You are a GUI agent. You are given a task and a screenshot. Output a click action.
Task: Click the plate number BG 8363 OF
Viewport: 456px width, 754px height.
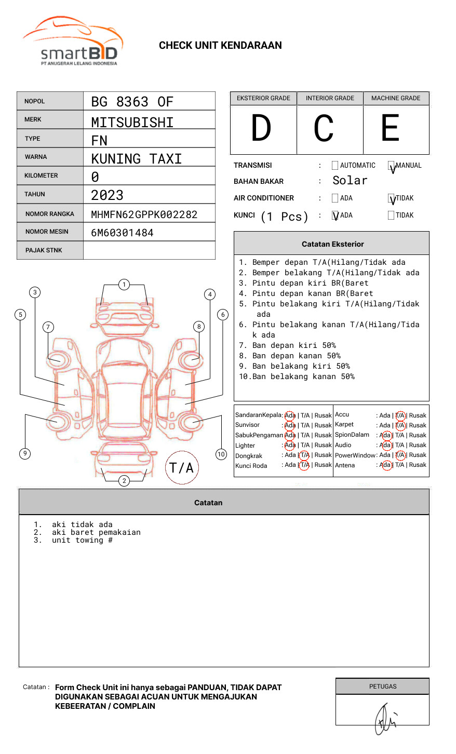[x=132, y=102]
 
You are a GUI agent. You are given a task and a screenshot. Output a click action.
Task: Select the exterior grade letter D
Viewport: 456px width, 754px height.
[x=261, y=129]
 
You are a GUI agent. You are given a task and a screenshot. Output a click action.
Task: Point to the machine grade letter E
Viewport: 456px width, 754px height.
[x=391, y=129]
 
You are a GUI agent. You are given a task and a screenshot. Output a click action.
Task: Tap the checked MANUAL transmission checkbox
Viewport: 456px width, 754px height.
[x=391, y=166]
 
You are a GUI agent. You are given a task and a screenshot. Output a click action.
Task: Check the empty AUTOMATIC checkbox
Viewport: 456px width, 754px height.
[x=335, y=166]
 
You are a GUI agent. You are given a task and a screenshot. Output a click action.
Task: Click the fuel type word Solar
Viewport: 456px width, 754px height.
[x=350, y=181]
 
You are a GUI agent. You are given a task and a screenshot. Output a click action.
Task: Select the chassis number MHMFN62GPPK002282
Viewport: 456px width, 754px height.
[x=144, y=214]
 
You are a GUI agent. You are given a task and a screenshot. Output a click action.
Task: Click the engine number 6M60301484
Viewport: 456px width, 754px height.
[x=122, y=233]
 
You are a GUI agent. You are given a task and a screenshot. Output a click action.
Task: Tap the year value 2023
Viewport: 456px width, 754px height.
[x=107, y=195]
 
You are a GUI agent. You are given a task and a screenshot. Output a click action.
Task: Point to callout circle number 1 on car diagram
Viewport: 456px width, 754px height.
[x=124, y=285]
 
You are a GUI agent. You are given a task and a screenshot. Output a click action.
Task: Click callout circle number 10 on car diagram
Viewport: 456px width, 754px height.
[x=221, y=454]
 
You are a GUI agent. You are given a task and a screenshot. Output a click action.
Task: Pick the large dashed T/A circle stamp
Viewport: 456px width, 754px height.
[x=182, y=468]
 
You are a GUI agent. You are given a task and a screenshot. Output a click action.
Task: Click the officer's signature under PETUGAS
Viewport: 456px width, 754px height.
[x=385, y=719]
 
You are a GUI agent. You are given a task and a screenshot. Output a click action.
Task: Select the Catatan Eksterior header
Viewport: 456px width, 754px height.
[x=332, y=244]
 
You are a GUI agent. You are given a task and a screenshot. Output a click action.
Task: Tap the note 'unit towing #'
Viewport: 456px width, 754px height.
[x=82, y=541]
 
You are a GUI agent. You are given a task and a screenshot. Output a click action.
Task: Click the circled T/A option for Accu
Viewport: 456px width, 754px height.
[x=400, y=415]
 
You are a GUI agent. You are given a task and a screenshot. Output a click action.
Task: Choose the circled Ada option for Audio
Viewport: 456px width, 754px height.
[x=385, y=445]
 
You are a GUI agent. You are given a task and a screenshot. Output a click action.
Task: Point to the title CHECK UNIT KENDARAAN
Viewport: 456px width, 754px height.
[x=220, y=46]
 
